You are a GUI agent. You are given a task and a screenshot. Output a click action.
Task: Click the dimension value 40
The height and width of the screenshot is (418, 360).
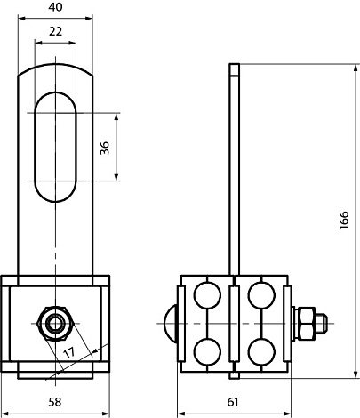click(x=55, y=7)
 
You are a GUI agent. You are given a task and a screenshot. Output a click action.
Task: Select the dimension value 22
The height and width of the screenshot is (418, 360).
click(x=55, y=31)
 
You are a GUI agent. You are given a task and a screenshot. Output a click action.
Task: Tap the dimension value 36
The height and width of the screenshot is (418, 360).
click(x=105, y=148)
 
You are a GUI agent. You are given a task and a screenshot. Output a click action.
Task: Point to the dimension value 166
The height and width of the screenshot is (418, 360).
click(x=344, y=220)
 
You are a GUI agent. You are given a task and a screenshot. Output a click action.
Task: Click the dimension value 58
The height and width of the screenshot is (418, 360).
click(x=55, y=402)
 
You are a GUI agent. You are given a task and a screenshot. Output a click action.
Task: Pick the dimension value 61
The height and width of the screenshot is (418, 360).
click(x=233, y=402)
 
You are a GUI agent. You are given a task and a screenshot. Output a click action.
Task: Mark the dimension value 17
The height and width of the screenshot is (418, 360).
click(x=69, y=352)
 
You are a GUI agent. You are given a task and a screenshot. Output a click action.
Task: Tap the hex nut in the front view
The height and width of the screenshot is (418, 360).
click(x=55, y=323)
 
